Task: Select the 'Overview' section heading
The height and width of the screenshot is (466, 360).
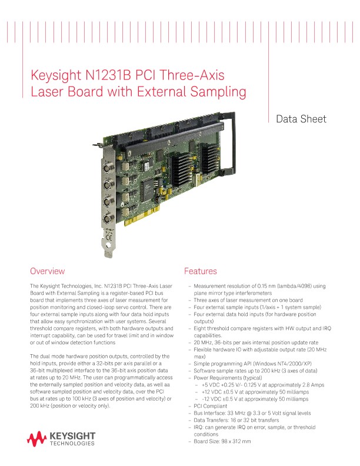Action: coord(47,271)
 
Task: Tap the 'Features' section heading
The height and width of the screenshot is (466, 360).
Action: coord(201,271)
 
